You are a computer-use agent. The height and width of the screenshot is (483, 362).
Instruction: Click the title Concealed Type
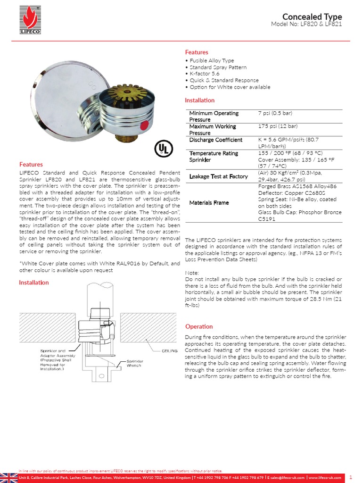pos(312,17)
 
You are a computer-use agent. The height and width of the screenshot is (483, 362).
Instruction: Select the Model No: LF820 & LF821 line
pos(306,24)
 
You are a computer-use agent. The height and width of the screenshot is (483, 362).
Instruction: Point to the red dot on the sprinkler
pos(145,125)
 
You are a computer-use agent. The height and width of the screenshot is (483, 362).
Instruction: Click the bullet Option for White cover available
pos(228,87)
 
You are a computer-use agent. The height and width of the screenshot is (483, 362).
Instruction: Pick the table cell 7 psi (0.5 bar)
pos(278,113)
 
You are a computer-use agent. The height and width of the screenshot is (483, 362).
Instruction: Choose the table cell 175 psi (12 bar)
pos(278,126)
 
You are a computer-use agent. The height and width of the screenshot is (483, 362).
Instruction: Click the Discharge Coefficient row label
pos(215,140)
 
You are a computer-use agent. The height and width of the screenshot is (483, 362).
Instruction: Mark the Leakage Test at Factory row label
pos(218,176)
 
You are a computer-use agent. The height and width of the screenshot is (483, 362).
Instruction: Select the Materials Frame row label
pos(209,203)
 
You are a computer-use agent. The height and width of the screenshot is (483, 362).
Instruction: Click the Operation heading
pos(199,326)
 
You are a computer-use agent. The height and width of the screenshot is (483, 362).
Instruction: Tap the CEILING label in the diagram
pos(169,351)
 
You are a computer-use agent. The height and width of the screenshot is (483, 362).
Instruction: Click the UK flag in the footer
pos(8,477)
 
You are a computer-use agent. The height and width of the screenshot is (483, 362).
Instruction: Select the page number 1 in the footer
pos(351,477)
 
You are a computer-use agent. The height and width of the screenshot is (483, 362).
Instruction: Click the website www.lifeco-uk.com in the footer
pos(325,478)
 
